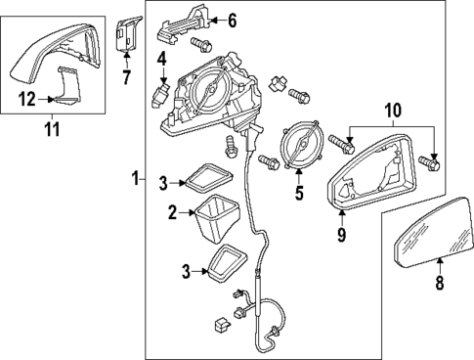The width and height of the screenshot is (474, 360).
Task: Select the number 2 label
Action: pyautogui.click(x=171, y=211)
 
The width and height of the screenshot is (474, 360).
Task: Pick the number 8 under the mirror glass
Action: pyautogui.click(x=439, y=284)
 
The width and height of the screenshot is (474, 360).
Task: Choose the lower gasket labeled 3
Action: pyautogui.click(x=227, y=264)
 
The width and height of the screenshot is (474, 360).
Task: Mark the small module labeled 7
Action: pyautogui.click(x=125, y=32)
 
